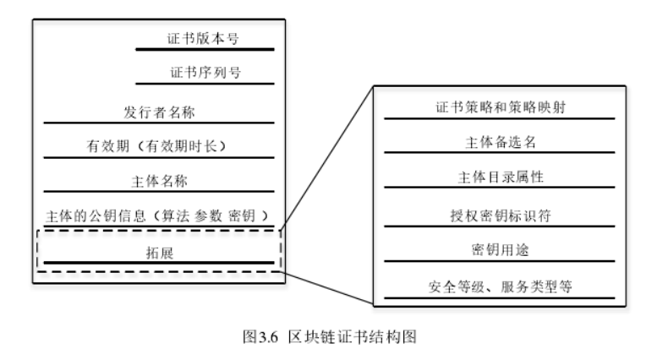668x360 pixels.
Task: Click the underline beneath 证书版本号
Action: click(205, 50)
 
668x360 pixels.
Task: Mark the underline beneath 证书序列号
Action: click(205, 83)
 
